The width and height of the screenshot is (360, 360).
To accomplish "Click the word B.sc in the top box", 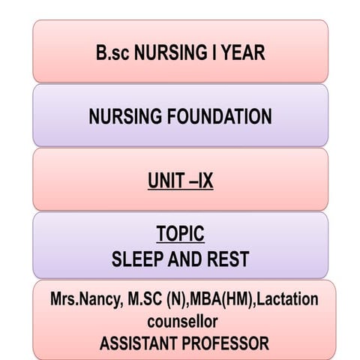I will (x=112, y=53).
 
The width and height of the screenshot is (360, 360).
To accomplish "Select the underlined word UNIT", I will (x=166, y=181).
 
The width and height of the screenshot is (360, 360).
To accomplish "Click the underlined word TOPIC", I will (x=180, y=234).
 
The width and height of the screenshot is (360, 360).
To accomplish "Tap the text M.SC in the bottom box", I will (x=141, y=299).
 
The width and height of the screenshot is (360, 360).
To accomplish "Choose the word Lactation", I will (x=289, y=299).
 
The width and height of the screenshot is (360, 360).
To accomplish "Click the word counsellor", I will (x=180, y=322).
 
